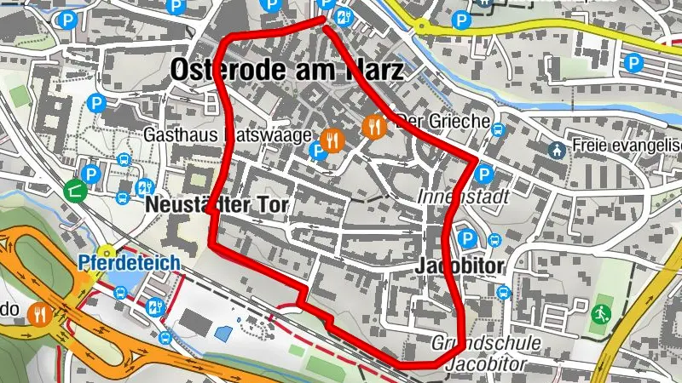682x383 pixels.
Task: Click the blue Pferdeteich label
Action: tap(128, 263)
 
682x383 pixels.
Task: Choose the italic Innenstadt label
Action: tap(464, 197)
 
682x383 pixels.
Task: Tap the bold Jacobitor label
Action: tap(461, 266)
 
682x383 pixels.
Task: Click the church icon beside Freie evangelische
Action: tap(556, 150)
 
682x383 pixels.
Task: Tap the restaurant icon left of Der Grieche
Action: tap(374, 128)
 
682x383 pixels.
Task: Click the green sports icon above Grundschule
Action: tap(602, 312)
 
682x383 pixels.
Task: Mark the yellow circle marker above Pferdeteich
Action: tap(107, 251)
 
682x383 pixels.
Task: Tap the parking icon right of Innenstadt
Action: tap(483, 174)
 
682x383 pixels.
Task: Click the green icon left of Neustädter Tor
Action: tap(74, 190)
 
